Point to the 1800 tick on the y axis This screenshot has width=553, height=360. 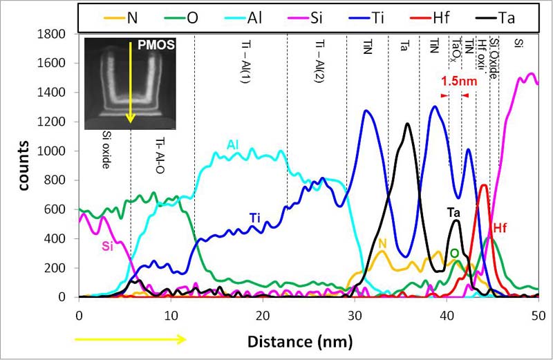click(x=56, y=34)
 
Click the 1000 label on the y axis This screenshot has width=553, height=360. click(x=56, y=151)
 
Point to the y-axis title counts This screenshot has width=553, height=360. click(x=24, y=166)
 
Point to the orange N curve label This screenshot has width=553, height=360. click(x=382, y=243)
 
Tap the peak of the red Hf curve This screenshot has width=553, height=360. click(x=484, y=185)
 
